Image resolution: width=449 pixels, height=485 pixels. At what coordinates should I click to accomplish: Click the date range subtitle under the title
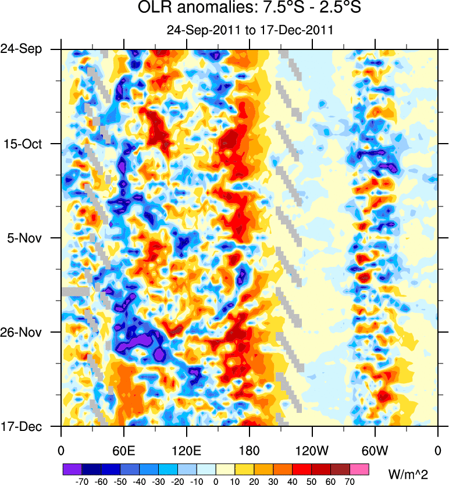(x=249, y=30)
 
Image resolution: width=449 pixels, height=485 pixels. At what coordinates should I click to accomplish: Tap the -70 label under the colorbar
(x=81, y=482)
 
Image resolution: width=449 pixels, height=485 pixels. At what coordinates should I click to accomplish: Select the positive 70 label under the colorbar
(x=350, y=482)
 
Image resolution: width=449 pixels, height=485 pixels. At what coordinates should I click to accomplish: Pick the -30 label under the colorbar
(x=158, y=482)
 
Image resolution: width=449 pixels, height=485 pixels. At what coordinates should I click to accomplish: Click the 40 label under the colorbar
(x=293, y=482)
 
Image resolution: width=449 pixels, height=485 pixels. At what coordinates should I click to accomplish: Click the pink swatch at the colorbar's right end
(x=359, y=469)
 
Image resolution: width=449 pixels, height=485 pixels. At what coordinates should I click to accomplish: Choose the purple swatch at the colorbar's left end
(x=72, y=469)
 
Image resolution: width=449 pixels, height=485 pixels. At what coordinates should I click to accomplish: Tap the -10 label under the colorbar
(x=197, y=482)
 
